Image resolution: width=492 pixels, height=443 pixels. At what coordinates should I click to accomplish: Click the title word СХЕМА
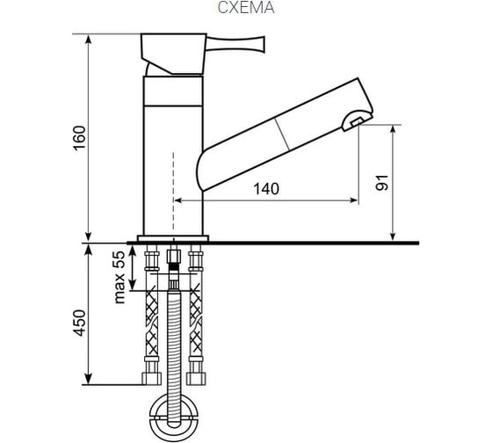246,8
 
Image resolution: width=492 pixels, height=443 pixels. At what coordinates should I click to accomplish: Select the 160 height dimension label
79,138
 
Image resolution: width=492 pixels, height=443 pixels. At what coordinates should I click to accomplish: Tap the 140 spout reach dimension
266,189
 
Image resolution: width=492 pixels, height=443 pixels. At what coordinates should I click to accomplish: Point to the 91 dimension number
382,183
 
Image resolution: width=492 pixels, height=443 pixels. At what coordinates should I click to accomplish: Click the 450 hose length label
79,323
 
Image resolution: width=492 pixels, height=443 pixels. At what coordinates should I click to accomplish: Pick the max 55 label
119,278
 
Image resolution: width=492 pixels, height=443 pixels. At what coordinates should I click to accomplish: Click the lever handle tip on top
263,44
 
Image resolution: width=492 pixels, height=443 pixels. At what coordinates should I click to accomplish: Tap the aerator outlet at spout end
357,120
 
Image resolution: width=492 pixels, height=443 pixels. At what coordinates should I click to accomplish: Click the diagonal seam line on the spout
282,134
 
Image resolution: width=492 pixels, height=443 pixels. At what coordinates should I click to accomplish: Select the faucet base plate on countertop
173,238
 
